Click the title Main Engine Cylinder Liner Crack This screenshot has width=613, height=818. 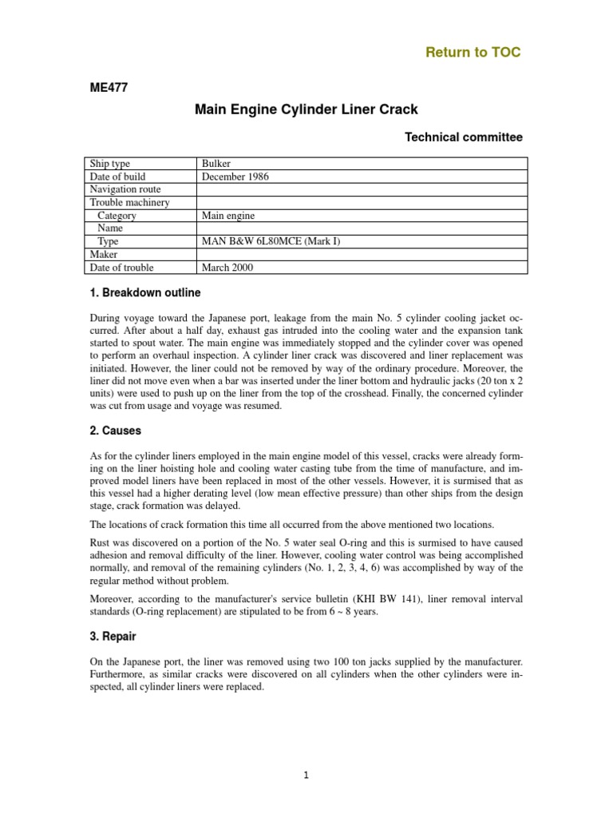[x=306, y=109]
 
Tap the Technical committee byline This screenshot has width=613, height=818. [x=464, y=137]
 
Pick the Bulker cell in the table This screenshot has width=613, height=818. [x=216, y=164]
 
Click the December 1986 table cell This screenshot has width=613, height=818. [x=235, y=177]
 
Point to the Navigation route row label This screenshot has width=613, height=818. [x=126, y=189]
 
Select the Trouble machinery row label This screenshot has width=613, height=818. [x=129, y=202]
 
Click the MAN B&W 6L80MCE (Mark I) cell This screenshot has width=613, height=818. [x=271, y=241]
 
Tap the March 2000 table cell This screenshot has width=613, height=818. [x=227, y=268]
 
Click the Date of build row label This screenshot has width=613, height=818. [x=118, y=177]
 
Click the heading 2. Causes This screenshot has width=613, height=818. [x=115, y=431]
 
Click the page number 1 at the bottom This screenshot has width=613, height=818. [x=306, y=774]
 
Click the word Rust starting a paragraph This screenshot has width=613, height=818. [x=99, y=542]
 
